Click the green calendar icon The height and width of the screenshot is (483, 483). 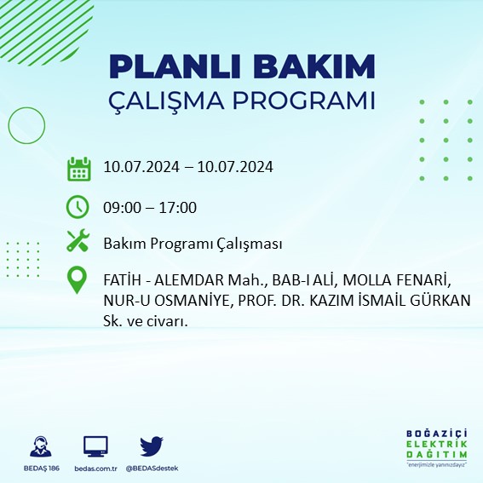[78, 168]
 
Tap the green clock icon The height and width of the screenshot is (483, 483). [78, 207]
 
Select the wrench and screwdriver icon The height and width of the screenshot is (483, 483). [78, 243]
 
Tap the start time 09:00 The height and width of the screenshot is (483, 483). [121, 207]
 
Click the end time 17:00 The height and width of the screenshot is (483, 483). [179, 207]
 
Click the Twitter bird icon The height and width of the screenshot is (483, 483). [152, 446]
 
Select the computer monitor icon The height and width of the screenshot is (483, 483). [95, 446]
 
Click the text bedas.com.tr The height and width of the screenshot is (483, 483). [95, 469]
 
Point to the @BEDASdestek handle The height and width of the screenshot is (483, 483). [152, 469]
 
